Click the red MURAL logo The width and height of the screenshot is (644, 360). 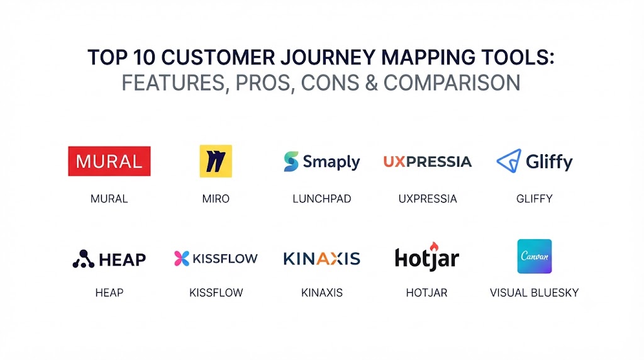click(109, 161)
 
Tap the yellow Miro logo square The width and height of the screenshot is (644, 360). click(216, 161)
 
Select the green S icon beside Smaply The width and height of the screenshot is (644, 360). click(291, 161)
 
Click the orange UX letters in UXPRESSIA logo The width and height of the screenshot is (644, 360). click(394, 162)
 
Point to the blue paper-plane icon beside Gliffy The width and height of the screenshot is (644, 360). click(509, 160)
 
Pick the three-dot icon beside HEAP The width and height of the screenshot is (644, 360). click(84, 259)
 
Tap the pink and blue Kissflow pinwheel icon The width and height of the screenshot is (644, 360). click(182, 259)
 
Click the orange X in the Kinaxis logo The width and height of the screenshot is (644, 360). click(336, 259)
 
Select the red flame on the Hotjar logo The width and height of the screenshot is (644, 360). click(434, 247)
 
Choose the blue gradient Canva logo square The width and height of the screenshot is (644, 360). click(535, 256)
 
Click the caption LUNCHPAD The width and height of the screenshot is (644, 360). click(322, 199)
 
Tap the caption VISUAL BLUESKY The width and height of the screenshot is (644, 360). click(535, 293)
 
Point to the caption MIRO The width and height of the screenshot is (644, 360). click(216, 199)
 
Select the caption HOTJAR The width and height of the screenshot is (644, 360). click(427, 293)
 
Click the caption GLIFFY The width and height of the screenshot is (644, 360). click(535, 199)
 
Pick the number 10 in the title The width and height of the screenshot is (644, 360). click(144, 57)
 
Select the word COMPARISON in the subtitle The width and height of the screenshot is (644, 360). click(452, 83)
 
